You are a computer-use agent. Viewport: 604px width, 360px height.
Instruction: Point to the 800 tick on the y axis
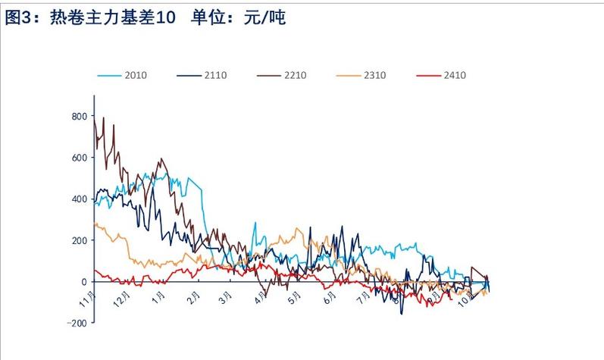pyautogui.click(x=79, y=116)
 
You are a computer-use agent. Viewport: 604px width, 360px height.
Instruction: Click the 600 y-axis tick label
pyautogui.click(x=79, y=158)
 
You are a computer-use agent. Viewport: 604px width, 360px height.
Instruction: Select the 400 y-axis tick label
pyautogui.click(x=79, y=199)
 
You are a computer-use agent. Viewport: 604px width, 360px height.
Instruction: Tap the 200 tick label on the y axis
pyautogui.click(x=79, y=240)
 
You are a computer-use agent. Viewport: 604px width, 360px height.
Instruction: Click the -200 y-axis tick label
pyautogui.click(x=77, y=323)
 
